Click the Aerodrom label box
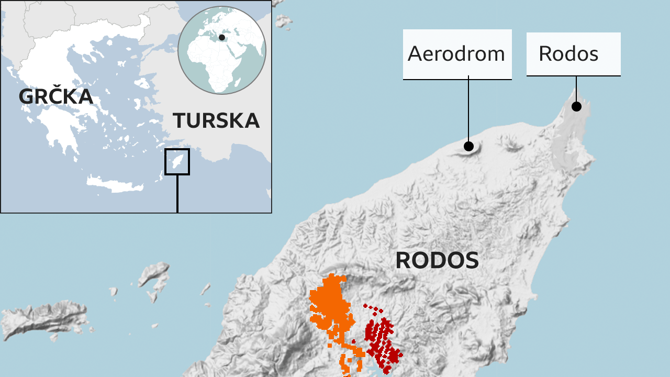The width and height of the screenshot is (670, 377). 457,54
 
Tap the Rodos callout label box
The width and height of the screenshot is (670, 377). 573,54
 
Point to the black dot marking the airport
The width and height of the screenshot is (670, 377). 468,146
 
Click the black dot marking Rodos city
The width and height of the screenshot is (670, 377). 576,106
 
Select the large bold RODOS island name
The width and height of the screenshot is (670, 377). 437,260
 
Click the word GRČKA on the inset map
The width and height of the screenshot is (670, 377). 56,96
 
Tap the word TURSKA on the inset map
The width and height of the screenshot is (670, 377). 216,120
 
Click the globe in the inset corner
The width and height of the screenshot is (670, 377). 222,50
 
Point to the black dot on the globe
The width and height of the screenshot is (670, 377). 222,37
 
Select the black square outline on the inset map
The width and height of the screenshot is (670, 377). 177,161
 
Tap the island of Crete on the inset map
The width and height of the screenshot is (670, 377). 115,184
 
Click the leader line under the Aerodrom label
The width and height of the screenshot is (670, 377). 468,110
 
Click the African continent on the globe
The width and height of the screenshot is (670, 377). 220,63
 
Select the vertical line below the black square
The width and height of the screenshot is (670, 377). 177,194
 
